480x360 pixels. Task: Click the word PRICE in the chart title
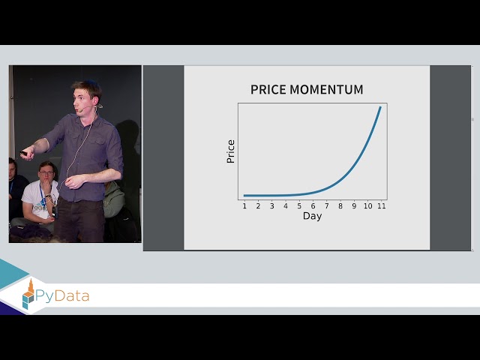(x=269, y=90)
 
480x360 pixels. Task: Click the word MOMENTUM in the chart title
(x=325, y=90)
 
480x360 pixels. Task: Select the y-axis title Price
(x=231, y=151)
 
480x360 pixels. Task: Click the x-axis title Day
(x=312, y=216)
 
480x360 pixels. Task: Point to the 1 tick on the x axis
(x=244, y=205)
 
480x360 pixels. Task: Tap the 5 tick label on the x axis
(x=299, y=205)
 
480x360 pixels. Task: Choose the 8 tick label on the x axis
(x=340, y=205)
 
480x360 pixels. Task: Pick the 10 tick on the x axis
(x=367, y=205)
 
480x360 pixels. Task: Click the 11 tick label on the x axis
(x=381, y=205)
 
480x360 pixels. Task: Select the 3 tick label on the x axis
(x=271, y=205)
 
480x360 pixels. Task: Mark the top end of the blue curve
(x=380, y=107)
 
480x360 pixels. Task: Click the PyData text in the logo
(x=64, y=295)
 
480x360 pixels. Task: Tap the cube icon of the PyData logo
(x=29, y=296)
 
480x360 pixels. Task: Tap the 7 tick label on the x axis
(x=326, y=205)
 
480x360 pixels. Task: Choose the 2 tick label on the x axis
(x=258, y=205)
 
